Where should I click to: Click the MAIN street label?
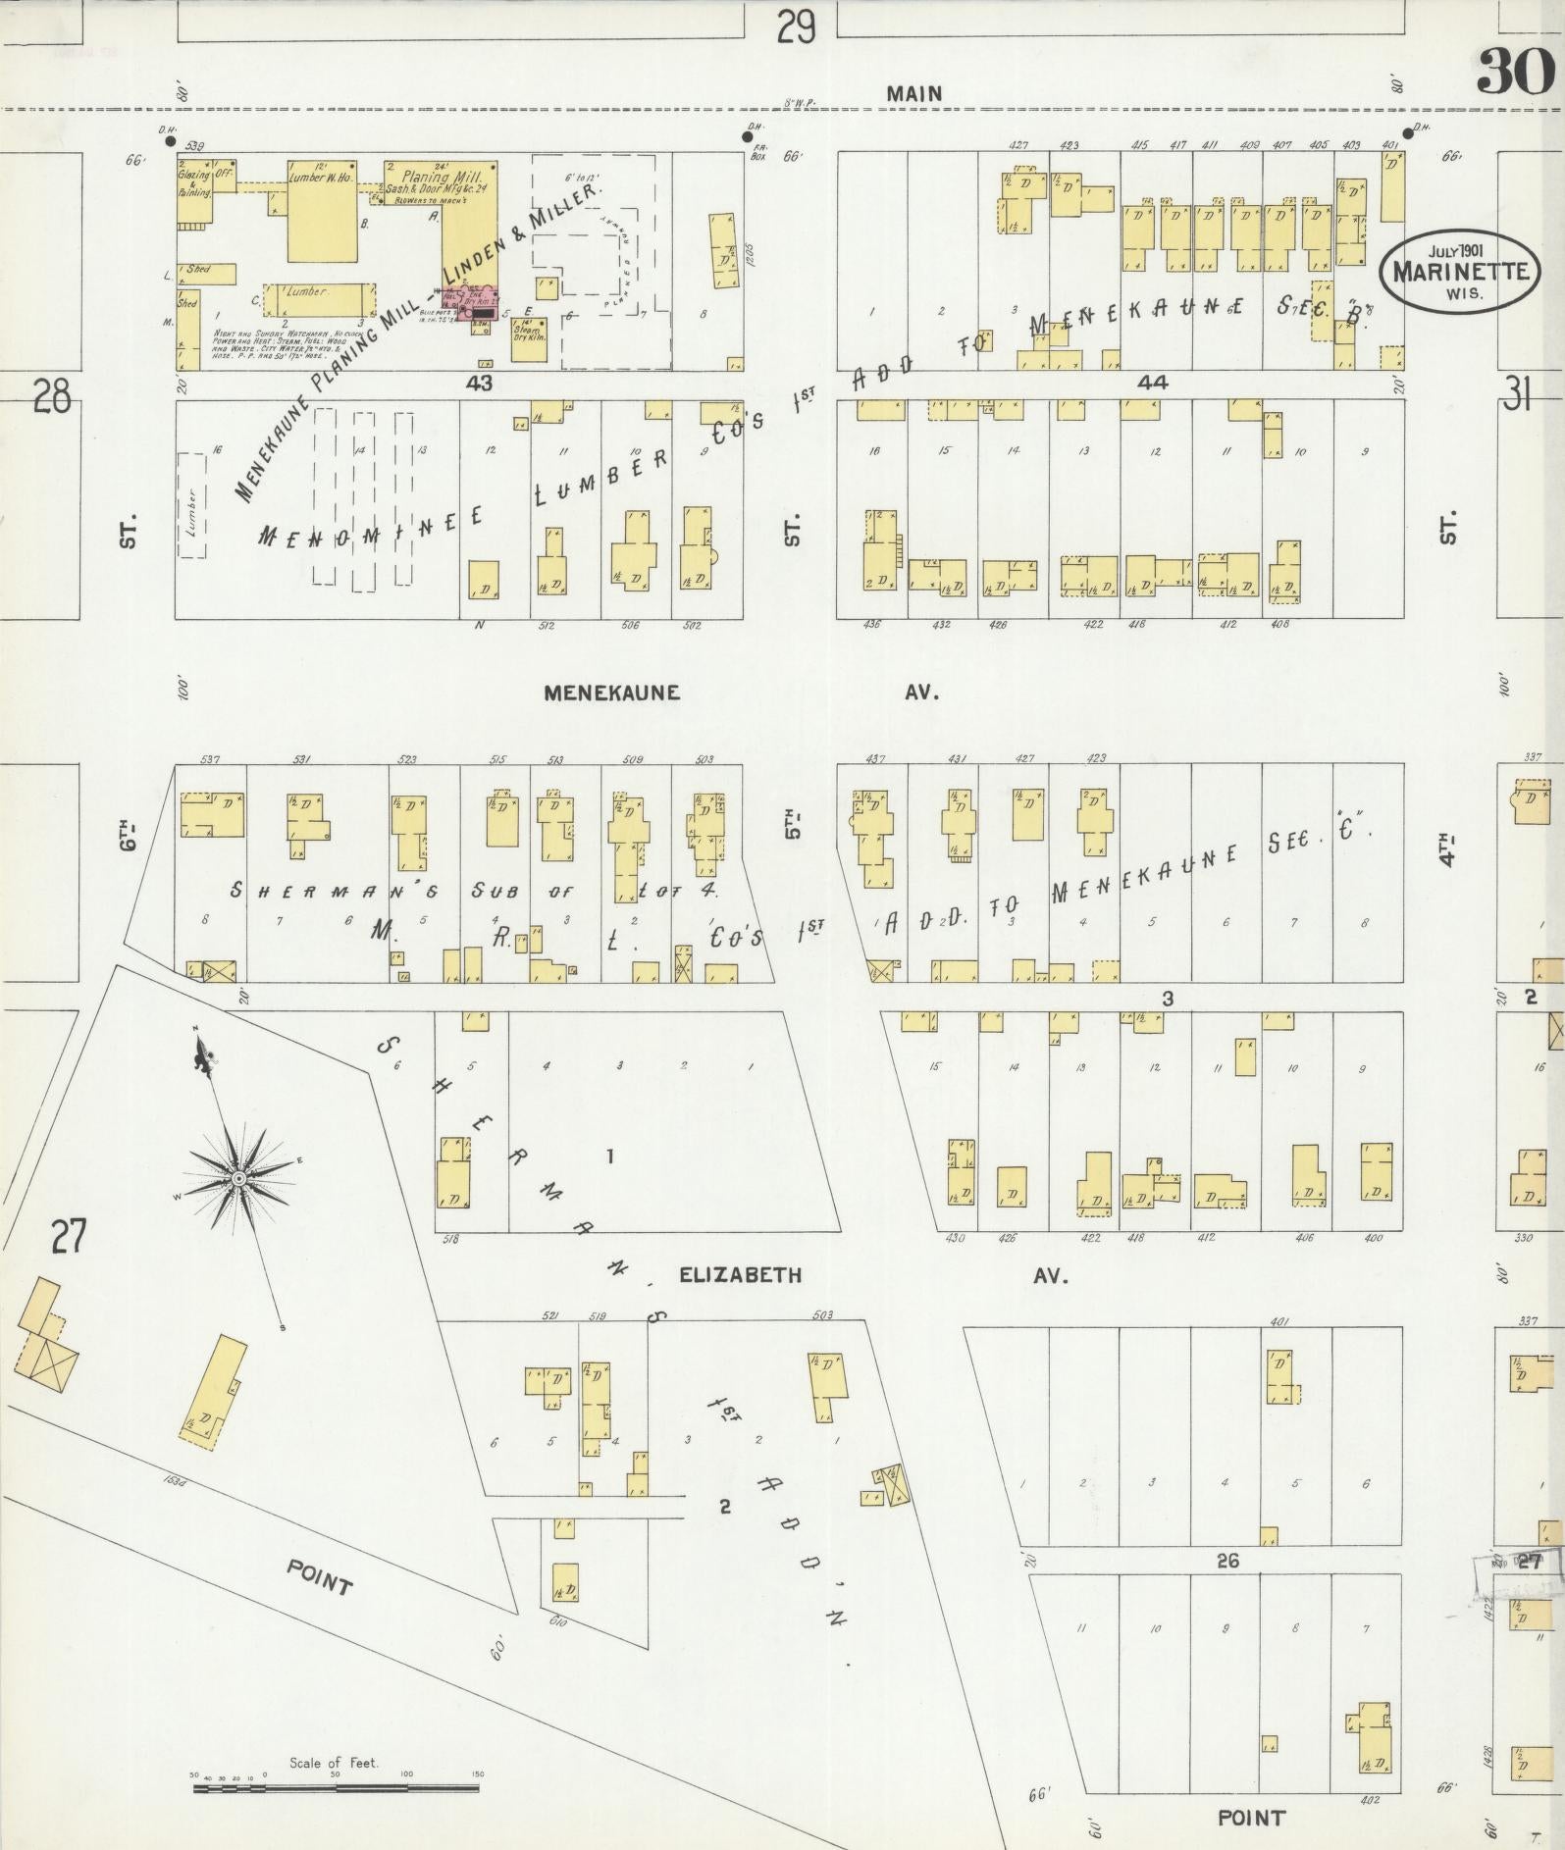tap(913, 94)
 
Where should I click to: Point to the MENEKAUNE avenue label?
tap(612, 693)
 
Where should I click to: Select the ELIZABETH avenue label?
tap(741, 1275)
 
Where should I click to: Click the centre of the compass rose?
tap(238, 1176)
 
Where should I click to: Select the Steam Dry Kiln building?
tap(530, 337)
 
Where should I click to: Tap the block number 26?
tap(1226, 1560)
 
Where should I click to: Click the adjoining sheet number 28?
tap(51, 399)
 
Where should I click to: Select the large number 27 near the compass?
tap(70, 1236)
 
